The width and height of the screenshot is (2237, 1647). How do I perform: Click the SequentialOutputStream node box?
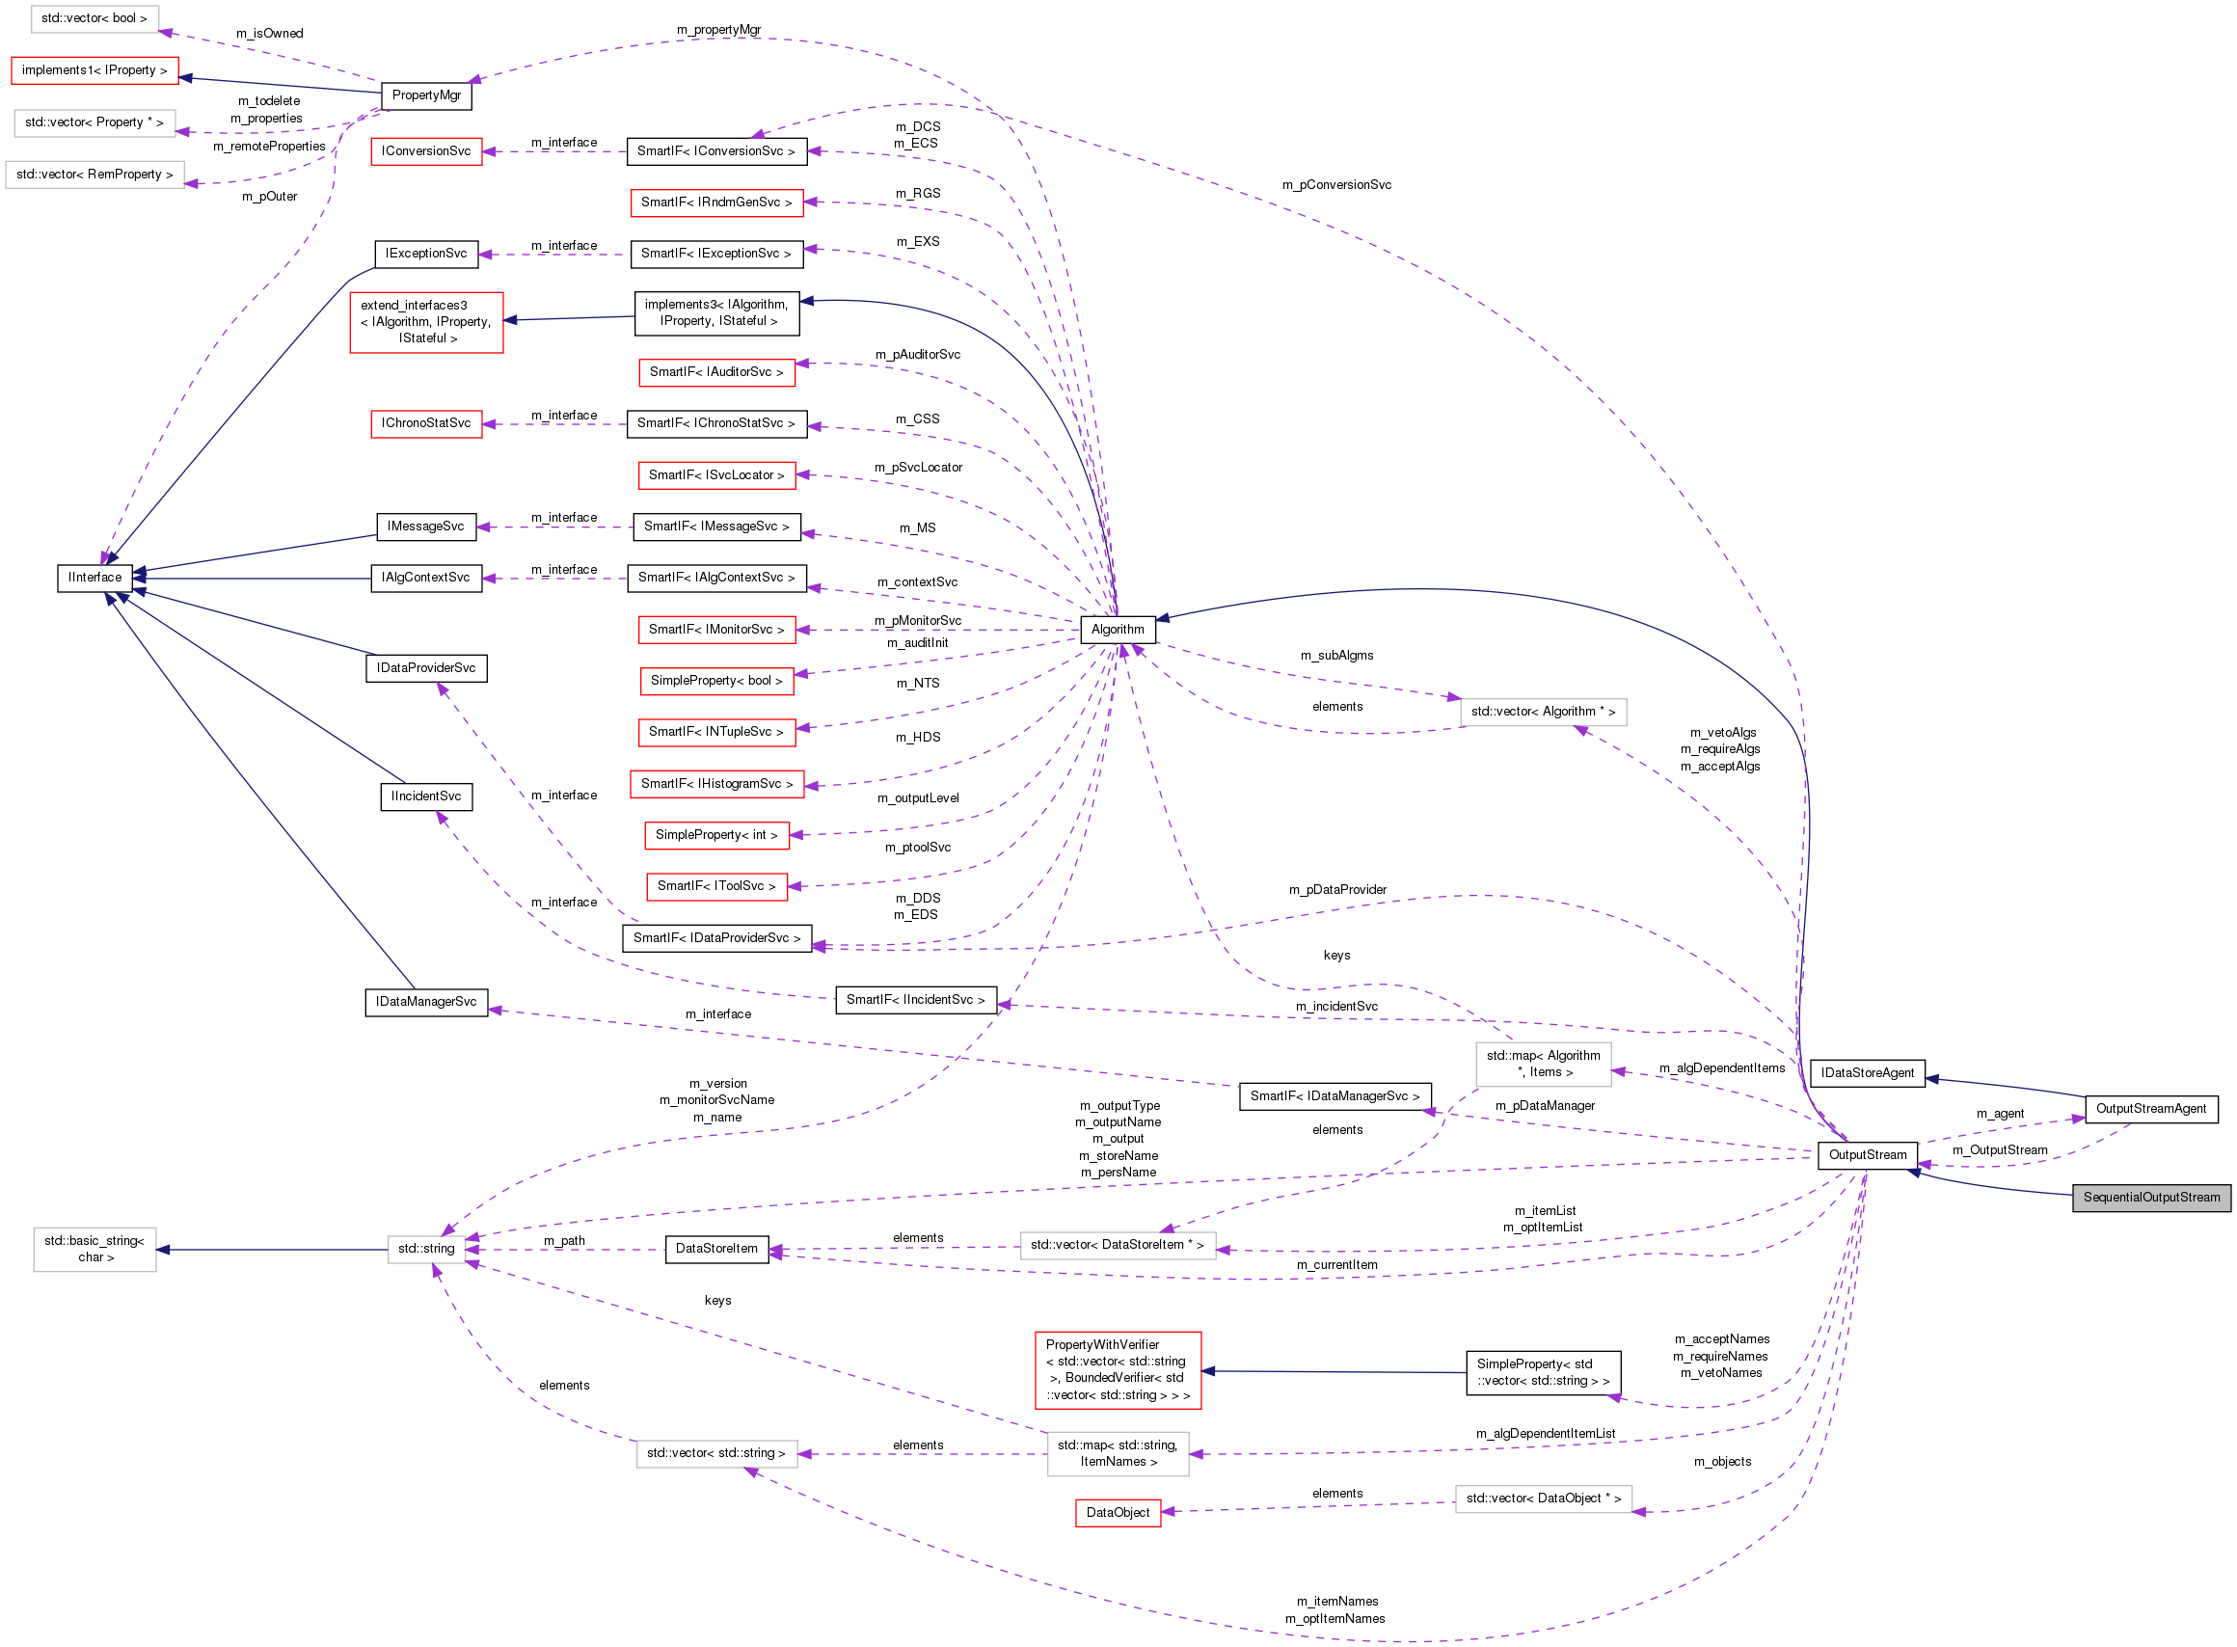[x=2150, y=1198]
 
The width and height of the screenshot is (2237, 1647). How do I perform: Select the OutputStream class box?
[x=1866, y=1154]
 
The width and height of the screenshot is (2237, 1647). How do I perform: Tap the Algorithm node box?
[x=1117, y=629]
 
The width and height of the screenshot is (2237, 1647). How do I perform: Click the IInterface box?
[x=94, y=578]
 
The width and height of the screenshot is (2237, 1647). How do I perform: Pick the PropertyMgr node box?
[x=425, y=94]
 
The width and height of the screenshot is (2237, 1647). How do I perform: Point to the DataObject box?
[x=1117, y=1512]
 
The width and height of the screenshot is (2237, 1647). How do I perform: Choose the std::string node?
[x=425, y=1248]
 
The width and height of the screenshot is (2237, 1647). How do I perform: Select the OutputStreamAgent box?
[x=2150, y=1109]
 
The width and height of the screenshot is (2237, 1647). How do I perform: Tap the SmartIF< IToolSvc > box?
[x=715, y=885]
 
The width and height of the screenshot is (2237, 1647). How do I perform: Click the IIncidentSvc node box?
[x=425, y=796]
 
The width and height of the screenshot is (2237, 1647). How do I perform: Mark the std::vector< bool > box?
[x=94, y=18]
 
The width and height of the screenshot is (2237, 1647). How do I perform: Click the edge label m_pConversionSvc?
[x=1335, y=184]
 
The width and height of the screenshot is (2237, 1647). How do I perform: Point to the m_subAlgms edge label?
[x=1335, y=655]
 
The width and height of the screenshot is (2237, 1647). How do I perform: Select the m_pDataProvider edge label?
[x=1336, y=889]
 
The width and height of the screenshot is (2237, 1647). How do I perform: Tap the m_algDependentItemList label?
[x=1545, y=1433]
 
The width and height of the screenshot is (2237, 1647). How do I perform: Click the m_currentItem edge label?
[x=1335, y=1264]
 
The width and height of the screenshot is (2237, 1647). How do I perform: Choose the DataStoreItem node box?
[x=715, y=1248]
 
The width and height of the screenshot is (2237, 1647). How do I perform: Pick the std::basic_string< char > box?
[x=94, y=1248]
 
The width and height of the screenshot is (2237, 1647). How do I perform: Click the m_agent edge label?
[x=1999, y=1113]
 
